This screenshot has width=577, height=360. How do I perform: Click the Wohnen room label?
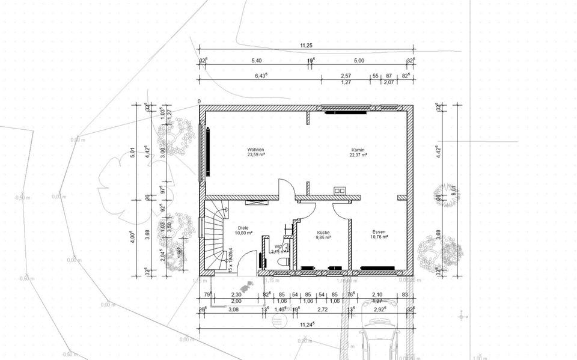coord(255,150)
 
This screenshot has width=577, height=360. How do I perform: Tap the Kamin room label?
coord(358,150)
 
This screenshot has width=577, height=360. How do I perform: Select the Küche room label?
coord(324,232)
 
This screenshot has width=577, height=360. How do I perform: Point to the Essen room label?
coord(379,231)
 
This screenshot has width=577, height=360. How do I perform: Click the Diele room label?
coord(243,228)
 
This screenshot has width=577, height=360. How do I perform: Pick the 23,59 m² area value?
coord(255,154)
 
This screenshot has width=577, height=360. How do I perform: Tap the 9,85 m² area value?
coord(324,237)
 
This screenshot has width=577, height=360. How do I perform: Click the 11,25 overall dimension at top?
coord(305,46)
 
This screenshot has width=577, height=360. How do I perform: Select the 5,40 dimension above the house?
coord(256,61)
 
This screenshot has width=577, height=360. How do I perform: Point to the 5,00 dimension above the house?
coord(359,61)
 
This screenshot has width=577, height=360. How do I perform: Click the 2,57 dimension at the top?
coord(346,76)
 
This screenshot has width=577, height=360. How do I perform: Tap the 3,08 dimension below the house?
coord(233,309)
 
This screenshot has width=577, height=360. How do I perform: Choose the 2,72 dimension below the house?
coord(322,309)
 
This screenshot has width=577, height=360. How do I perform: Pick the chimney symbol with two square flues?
coord(340,191)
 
